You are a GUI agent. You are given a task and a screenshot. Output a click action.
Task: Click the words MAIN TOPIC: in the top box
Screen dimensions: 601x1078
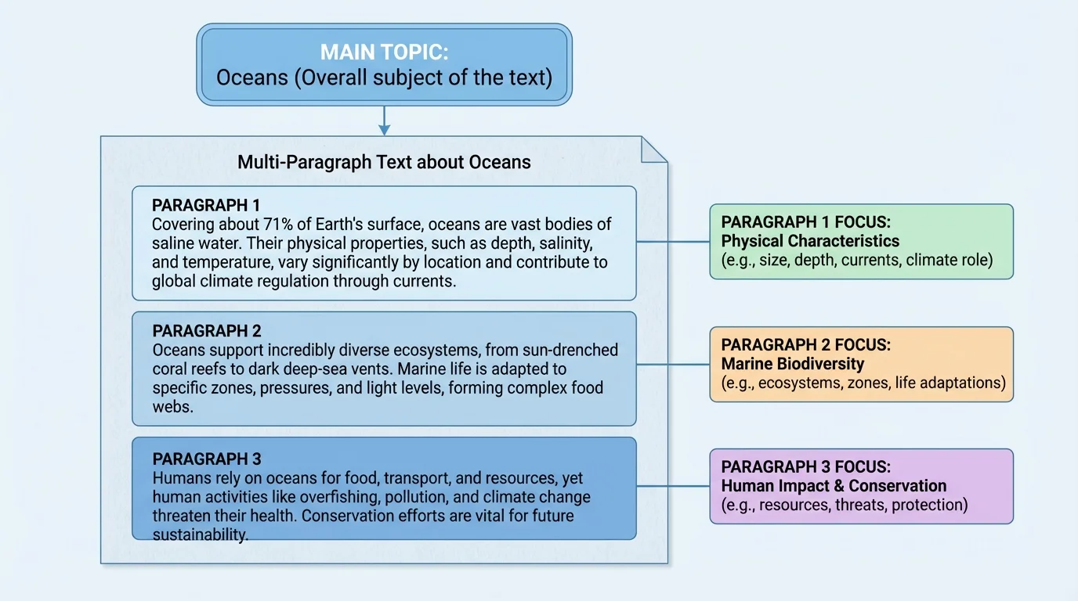(x=384, y=52)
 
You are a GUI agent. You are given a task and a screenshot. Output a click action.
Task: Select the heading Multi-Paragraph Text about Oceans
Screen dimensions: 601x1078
(x=384, y=162)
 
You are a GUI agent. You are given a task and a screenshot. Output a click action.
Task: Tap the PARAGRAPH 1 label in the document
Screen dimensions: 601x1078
(x=206, y=205)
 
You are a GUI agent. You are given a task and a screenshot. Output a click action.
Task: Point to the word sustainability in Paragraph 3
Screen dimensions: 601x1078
(x=200, y=535)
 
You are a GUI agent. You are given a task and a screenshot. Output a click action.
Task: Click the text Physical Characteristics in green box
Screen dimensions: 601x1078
(x=810, y=241)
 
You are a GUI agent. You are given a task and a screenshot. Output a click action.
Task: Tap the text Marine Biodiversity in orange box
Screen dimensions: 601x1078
(x=792, y=364)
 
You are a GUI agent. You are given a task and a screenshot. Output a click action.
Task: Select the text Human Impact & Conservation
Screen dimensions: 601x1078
(x=834, y=486)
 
